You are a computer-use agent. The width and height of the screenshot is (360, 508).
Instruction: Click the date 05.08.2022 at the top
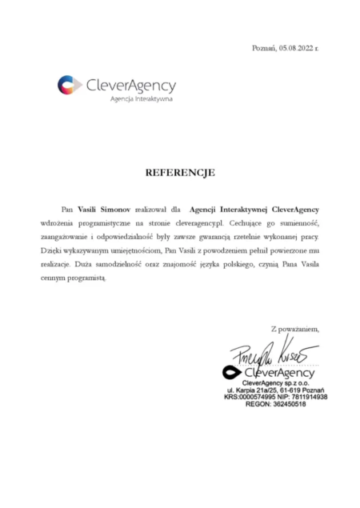(295, 48)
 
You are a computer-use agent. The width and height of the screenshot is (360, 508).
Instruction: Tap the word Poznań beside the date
(263, 48)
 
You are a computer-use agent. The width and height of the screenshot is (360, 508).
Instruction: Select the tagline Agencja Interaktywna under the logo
(141, 99)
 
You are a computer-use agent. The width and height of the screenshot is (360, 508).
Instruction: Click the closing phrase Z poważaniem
(294, 328)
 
